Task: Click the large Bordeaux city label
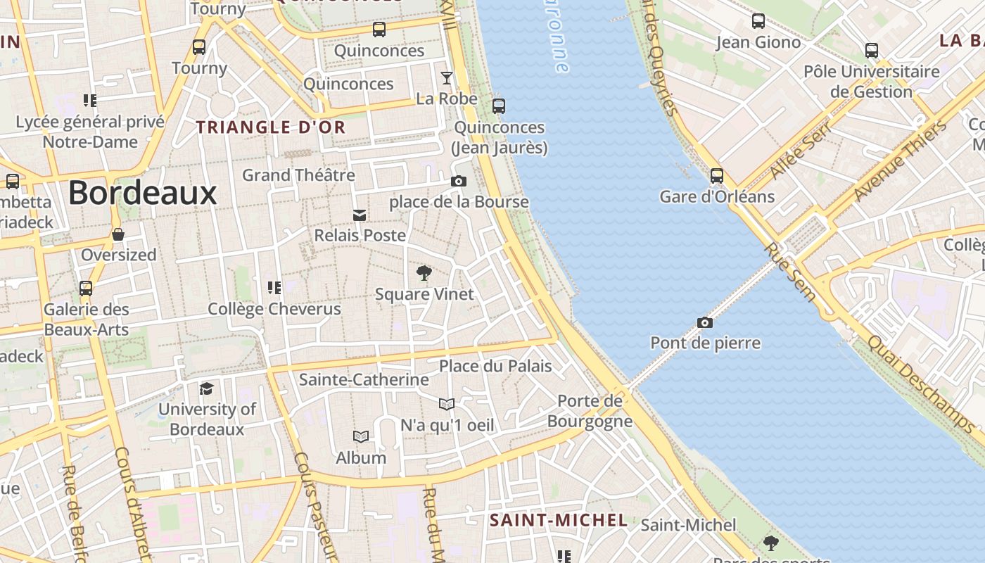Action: (142, 193)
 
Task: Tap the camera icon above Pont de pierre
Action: (704, 322)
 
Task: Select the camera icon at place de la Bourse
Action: (458, 181)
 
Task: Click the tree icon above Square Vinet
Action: (424, 273)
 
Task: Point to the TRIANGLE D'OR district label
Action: (271, 127)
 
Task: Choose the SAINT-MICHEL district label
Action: (558, 520)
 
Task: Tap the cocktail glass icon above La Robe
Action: (446, 77)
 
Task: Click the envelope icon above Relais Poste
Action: (360, 215)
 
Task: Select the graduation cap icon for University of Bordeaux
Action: (206, 388)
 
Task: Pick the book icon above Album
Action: (361, 437)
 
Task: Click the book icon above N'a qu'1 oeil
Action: (447, 404)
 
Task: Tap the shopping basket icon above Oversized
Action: (118, 234)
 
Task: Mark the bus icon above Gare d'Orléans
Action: (716, 176)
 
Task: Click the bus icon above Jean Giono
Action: (758, 21)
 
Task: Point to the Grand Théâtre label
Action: (298, 175)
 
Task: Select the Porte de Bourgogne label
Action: (590, 411)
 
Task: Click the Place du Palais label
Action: (495, 366)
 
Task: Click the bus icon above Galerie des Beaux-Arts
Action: (86, 289)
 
